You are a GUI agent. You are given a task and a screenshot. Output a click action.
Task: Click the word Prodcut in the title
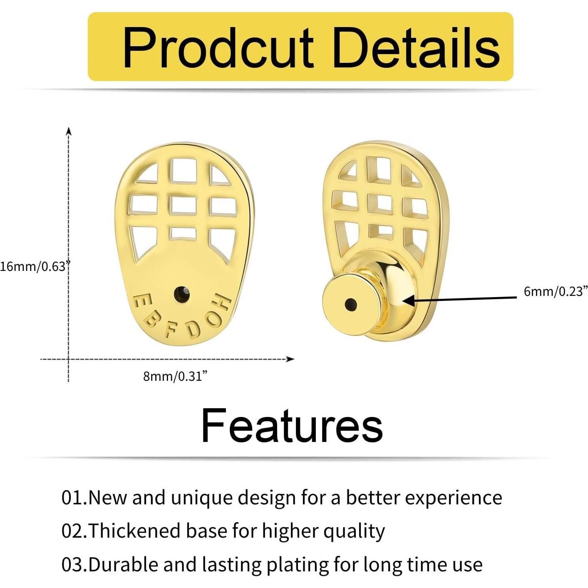[218, 48]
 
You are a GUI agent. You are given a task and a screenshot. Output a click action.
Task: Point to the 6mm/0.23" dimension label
[556, 291]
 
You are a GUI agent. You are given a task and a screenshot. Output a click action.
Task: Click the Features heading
[292, 425]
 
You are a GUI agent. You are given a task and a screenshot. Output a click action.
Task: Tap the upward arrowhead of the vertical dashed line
[69, 131]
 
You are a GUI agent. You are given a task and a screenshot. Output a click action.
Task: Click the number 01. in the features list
[74, 498]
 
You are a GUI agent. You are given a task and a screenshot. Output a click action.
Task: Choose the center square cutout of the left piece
[183, 205]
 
